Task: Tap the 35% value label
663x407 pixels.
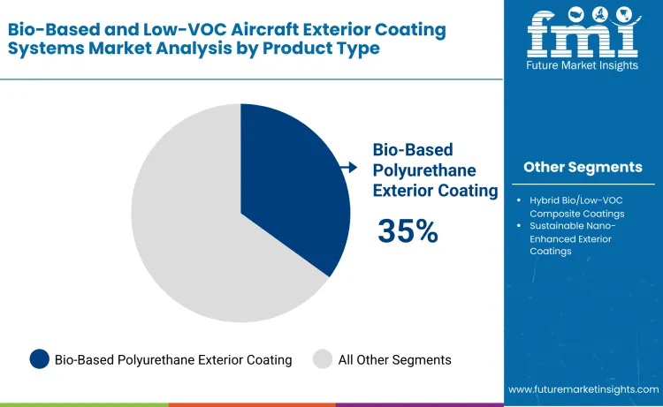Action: tap(408, 231)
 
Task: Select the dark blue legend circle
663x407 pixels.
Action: tap(39, 359)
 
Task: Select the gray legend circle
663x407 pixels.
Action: tap(323, 359)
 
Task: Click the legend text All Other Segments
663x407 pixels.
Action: tap(395, 359)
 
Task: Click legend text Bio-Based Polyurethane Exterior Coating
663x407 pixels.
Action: tap(173, 359)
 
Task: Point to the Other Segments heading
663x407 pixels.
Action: tap(583, 167)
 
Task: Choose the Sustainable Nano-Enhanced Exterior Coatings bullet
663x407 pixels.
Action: tap(575, 238)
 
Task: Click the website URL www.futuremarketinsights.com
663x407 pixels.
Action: tap(583, 389)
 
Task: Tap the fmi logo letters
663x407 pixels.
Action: tap(582, 34)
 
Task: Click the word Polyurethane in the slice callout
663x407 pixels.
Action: tap(424, 170)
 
